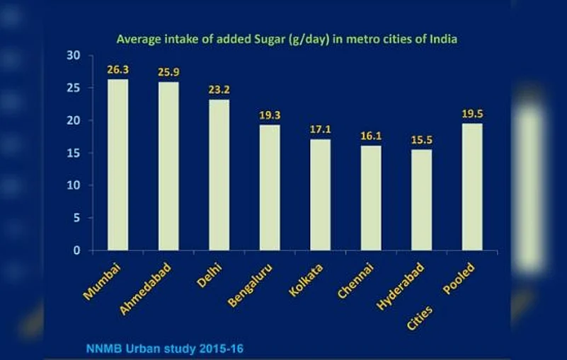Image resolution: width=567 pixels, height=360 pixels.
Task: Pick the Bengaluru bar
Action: (x=270, y=187)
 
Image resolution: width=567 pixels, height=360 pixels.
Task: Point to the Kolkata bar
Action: (x=320, y=194)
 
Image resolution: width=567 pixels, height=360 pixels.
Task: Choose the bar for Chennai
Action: (x=371, y=198)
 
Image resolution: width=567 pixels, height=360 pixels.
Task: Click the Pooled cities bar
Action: (x=472, y=187)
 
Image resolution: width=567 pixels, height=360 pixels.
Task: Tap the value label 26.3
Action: (x=118, y=70)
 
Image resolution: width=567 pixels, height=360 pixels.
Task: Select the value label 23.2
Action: (x=219, y=91)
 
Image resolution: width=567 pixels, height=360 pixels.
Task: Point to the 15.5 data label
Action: (x=421, y=140)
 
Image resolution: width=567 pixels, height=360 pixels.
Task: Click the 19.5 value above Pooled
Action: (x=472, y=114)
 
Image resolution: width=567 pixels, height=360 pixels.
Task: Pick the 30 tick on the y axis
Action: (x=74, y=55)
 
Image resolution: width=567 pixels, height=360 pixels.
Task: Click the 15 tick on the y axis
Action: (x=74, y=153)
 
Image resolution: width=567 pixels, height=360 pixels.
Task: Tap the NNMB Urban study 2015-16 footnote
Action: (x=166, y=348)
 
